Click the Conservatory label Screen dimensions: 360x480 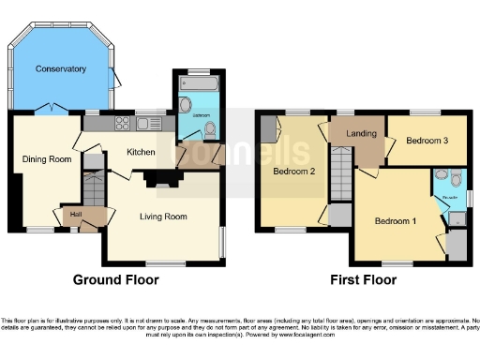coord(61,69)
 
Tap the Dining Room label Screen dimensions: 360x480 coord(47,159)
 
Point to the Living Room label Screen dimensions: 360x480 coord(163,217)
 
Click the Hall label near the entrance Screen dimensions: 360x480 coord(75,215)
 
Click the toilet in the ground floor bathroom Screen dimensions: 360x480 coord(209,130)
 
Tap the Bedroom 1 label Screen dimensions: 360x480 coord(393,221)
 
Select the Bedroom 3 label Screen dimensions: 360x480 coord(427,141)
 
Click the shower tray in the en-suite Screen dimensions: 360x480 coord(457,217)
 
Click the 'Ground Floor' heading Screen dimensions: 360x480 coord(115,279)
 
